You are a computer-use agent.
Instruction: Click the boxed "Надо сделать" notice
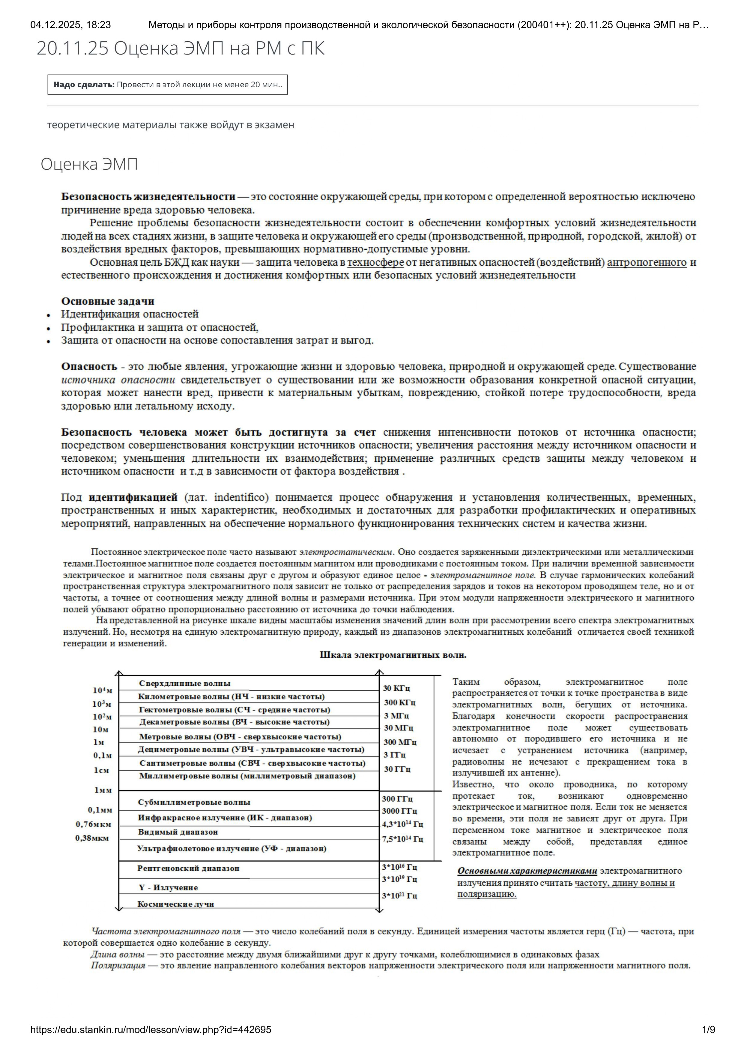[168, 84]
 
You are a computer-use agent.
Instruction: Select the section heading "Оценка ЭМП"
[89, 164]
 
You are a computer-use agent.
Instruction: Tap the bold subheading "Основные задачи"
[108, 301]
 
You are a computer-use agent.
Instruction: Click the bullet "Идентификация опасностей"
[130, 314]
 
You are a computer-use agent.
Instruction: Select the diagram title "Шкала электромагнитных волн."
[393, 655]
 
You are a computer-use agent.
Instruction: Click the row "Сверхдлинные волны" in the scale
[184, 683]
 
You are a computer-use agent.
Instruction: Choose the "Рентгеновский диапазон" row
[188, 868]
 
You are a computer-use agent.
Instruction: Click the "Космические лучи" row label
[175, 904]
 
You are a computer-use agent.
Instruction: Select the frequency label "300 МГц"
[400, 742]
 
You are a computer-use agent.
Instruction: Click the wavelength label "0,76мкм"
[94, 824]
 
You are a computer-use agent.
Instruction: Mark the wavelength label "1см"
[101, 770]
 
